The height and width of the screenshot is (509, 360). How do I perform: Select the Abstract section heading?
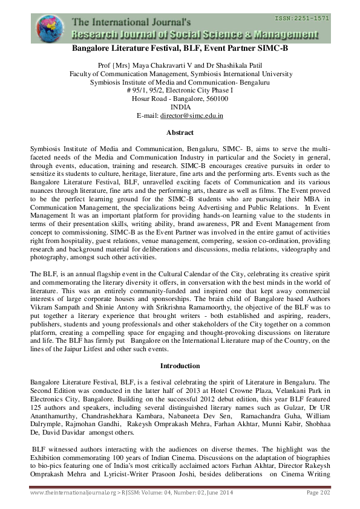point(180,132)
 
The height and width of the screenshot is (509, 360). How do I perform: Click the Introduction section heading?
point(180,366)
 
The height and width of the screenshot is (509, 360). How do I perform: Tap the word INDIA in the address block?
point(180,106)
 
